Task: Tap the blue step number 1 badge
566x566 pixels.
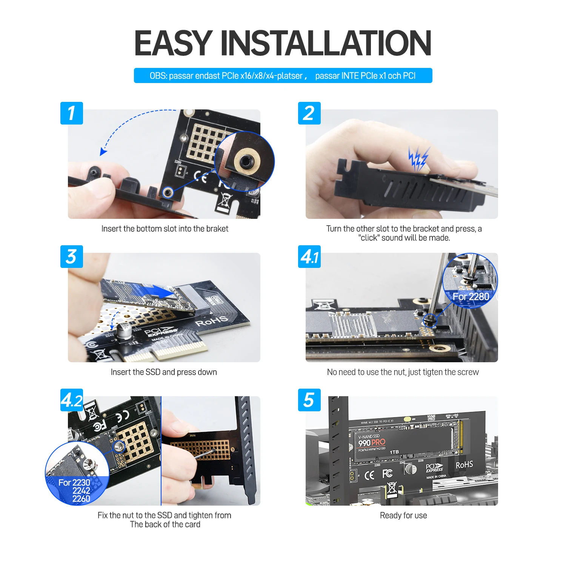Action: pyautogui.click(x=71, y=113)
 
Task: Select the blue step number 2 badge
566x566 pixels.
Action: pyautogui.click(x=309, y=113)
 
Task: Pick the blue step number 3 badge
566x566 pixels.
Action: pyautogui.click(x=71, y=257)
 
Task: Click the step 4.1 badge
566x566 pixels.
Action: pyautogui.click(x=309, y=257)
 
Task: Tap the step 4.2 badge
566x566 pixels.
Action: pyautogui.click(x=71, y=400)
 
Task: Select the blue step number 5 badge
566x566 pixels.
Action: pyautogui.click(x=309, y=400)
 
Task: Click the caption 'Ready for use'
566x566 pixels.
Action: pyautogui.click(x=403, y=515)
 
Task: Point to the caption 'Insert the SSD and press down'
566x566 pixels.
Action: pyautogui.click(x=164, y=372)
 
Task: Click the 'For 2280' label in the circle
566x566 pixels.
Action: pyautogui.click(x=471, y=297)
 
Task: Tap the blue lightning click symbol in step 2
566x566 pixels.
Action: pyautogui.click(x=418, y=158)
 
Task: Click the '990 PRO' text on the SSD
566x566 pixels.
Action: pyautogui.click(x=372, y=443)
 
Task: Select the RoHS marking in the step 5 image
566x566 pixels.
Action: pyautogui.click(x=464, y=465)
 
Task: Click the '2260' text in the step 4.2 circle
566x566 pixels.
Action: pyautogui.click(x=81, y=499)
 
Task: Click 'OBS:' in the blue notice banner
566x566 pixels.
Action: pyautogui.click(x=158, y=76)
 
